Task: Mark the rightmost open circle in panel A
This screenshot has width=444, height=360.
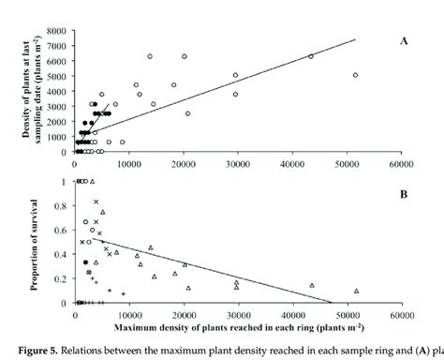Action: (x=355, y=75)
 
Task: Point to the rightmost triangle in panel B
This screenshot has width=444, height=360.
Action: (x=356, y=291)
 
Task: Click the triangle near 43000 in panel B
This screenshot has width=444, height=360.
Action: (x=312, y=285)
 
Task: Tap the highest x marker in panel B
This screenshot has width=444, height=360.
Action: (x=96, y=202)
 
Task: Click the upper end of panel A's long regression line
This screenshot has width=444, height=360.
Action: (x=356, y=39)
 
